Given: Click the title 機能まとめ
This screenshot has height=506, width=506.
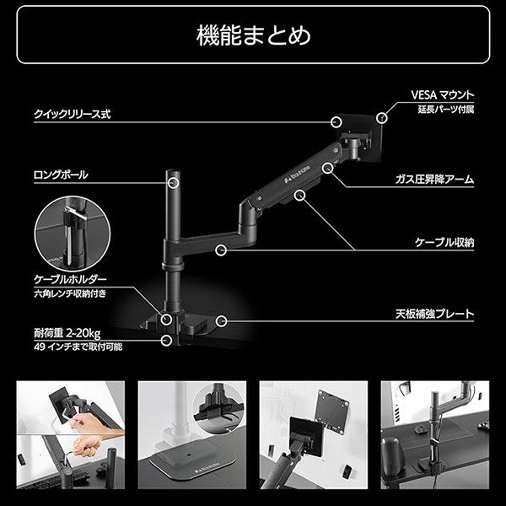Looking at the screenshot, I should pyautogui.click(x=253, y=35).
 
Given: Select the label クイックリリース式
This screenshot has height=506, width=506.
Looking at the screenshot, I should pyautogui.click(x=73, y=113).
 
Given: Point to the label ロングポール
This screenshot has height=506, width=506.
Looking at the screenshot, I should pyautogui.click(x=61, y=175).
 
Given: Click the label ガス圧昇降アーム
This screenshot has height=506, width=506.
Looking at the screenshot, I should pyautogui.click(x=434, y=180).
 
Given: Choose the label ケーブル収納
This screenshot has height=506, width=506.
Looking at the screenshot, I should pyautogui.click(x=444, y=242).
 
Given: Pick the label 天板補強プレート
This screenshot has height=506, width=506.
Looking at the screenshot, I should pyautogui.click(x=434, y=314).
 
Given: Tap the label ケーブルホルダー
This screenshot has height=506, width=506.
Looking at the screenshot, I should pyautogui.click(x=70, y=279).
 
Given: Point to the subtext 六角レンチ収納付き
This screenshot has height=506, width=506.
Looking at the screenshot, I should pyautogui.click(x=71, y=293).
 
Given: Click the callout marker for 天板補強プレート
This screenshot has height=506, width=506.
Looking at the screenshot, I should pyautogui.click(x=220, y=320).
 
